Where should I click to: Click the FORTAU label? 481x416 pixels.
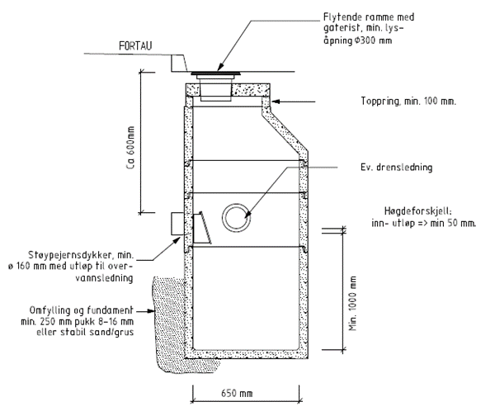click(x=135, y=46)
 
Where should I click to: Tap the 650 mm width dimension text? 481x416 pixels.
click(x=237, y=393)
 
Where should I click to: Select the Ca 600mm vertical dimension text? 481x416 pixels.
click(x=130, y=148)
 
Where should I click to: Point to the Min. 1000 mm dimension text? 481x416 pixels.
click(x=353, y=303)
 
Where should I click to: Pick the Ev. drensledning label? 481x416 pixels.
click(x=396, y=168)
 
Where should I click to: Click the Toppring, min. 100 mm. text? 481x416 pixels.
click(x=408, y=101)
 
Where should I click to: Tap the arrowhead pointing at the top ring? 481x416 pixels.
click(x=276, y=102)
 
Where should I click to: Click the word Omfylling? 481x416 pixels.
click(x=50, y=310)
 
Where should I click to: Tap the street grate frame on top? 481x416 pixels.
click(x=215, y=73)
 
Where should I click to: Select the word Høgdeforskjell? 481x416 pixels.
click(x=417, y=211)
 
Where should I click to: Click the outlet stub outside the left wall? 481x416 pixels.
click(x=177, y=224)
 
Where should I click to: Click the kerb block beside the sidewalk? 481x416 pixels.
click(x=179, y=64)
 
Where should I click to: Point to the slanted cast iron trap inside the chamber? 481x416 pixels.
click(x=202, y=228)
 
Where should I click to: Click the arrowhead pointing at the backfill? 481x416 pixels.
click(x=151, y=311)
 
